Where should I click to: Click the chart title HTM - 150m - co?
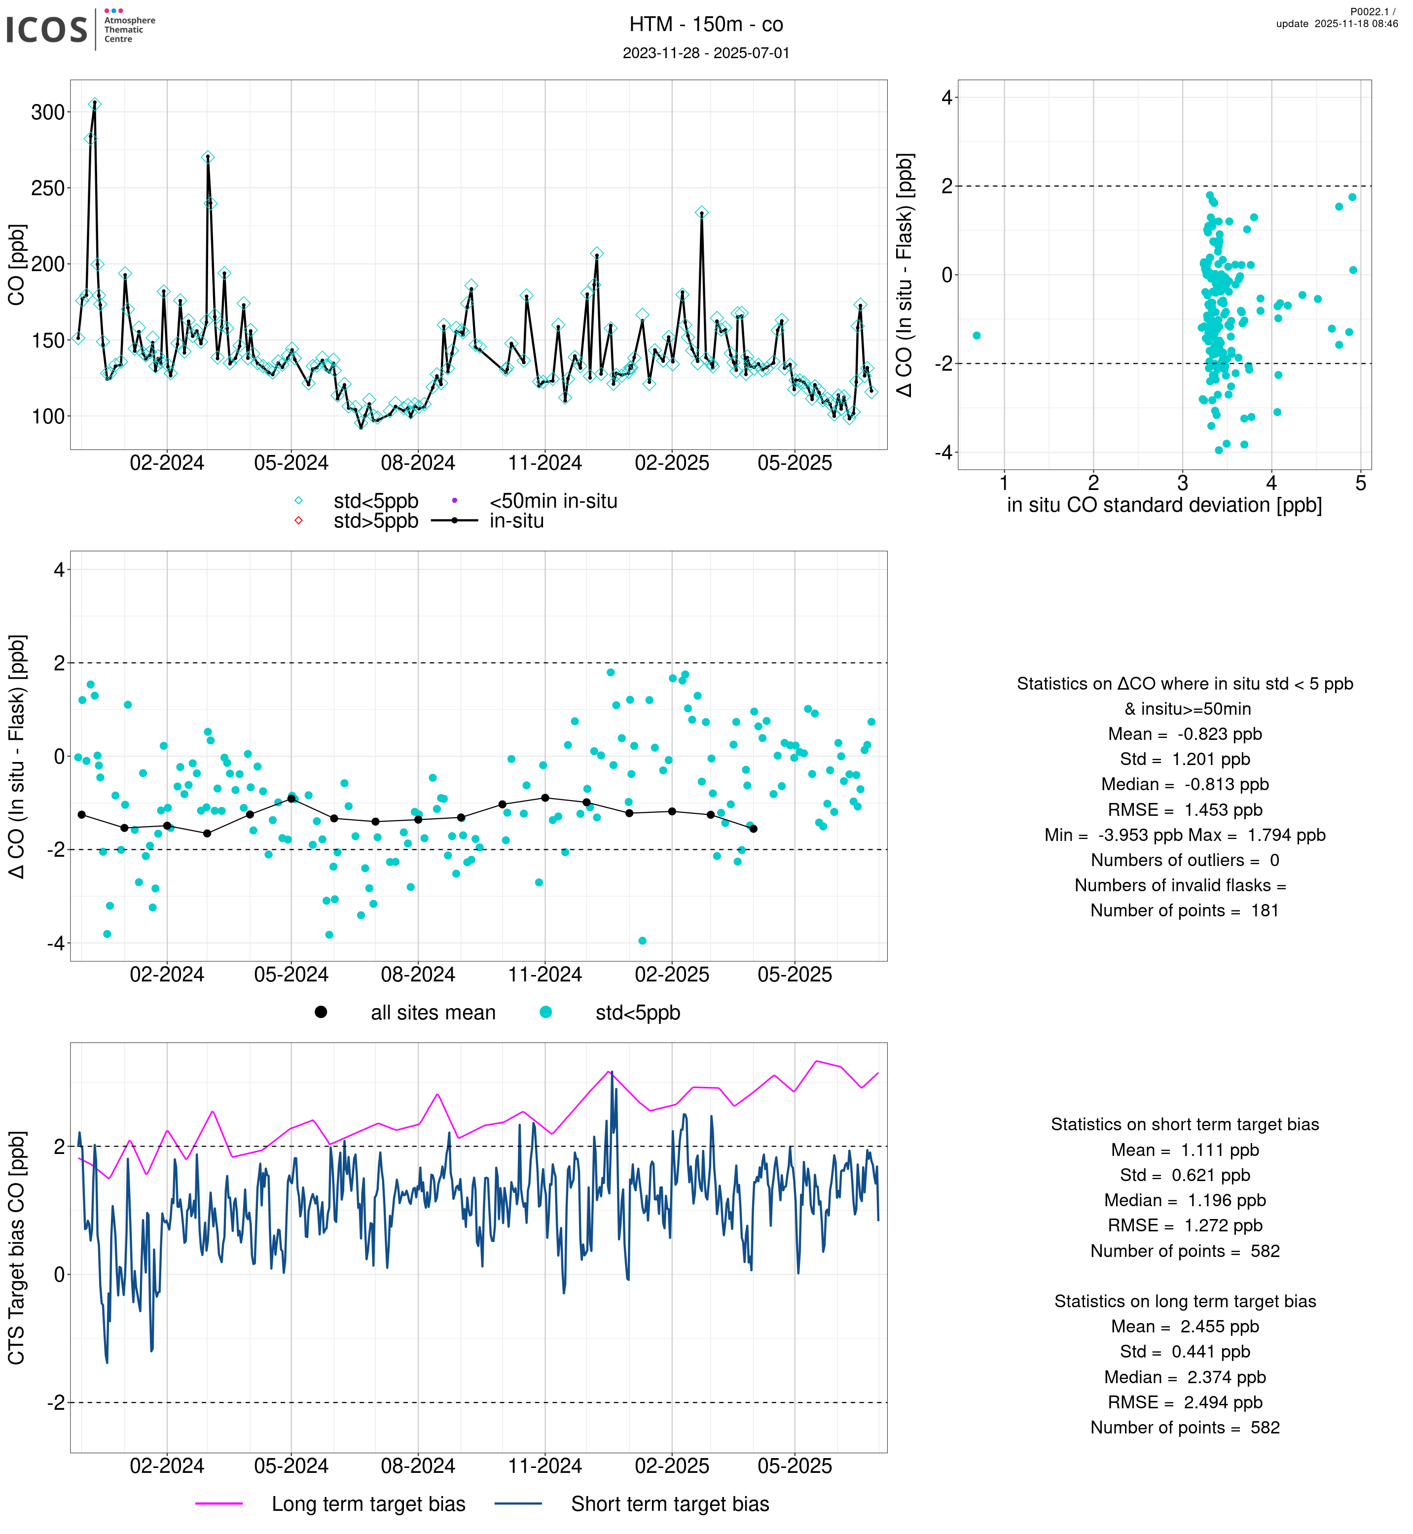706,25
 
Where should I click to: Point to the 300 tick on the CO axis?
47,112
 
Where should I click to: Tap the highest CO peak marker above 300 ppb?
94,105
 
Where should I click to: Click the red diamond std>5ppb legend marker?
299,521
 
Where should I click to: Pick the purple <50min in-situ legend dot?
455,501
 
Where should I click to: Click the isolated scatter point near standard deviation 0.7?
977,336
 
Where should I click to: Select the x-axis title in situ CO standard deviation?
1164,505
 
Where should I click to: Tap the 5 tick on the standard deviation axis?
1360,483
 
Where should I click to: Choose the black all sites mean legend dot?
321,1012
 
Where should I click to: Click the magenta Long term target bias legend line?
219,1503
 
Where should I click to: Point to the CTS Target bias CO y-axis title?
17,1248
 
